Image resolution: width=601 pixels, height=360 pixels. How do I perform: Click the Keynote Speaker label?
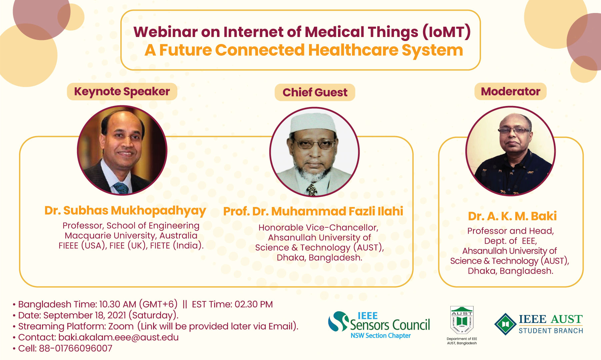122,92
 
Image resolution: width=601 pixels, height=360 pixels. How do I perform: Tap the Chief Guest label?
315,92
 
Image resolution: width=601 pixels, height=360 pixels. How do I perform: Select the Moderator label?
510,91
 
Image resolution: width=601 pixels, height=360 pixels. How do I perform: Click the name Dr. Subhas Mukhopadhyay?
125,211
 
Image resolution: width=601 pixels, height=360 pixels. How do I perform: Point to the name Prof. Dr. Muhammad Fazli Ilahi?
313,211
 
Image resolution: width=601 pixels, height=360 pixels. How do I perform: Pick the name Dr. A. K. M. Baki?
512,216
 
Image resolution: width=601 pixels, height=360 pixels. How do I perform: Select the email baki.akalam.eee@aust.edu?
118,337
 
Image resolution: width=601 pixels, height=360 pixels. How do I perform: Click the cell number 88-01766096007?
76,348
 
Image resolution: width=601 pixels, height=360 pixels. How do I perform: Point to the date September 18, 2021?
85,315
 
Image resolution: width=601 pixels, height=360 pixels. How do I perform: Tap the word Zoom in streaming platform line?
121,326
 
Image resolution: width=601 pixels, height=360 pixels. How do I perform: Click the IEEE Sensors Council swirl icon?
338,321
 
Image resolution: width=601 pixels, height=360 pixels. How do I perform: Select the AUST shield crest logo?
462,320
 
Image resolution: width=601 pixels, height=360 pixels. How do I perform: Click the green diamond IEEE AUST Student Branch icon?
506,324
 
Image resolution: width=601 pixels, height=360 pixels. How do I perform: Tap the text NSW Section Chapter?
381,336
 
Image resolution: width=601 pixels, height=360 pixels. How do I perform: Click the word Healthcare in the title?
353,50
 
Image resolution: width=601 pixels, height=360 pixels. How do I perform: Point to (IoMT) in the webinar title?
447,32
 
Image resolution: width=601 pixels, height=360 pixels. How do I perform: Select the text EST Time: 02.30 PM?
232,304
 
